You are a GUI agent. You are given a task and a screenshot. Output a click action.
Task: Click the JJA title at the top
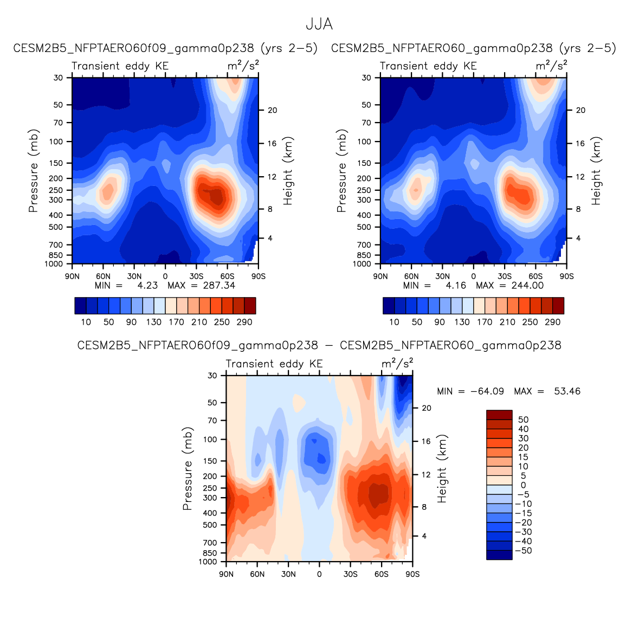tap(319, 24)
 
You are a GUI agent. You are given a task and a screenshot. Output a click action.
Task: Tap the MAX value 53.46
tap(567, 391)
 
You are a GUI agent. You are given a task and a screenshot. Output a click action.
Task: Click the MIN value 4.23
tap(147, 285)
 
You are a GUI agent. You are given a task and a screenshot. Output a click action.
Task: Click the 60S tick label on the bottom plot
tap(381, 574)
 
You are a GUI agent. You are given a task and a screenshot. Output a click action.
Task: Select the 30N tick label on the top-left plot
tap(134, 276)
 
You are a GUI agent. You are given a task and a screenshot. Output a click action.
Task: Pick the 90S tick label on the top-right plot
tap(566, 276)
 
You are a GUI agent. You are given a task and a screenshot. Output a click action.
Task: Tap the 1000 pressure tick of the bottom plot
tap(209, 562)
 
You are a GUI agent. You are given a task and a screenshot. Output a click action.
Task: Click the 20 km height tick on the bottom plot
tap(427, 408)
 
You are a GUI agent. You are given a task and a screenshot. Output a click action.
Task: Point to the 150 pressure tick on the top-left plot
tap(57, 163)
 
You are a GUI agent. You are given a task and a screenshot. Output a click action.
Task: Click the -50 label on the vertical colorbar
tap(523, 551)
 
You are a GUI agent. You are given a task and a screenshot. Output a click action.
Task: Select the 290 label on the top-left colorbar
tap(244, 322)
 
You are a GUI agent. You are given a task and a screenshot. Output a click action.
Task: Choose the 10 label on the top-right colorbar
tap(394, 322)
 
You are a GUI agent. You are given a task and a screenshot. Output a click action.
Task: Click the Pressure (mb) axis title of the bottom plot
tap(188, 468)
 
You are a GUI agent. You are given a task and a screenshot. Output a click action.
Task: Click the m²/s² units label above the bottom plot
tap(397, 363)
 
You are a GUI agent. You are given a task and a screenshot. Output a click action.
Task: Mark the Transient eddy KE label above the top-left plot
tap(120, 66)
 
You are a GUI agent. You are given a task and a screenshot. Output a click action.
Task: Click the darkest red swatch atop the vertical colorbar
tap(499, 415)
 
